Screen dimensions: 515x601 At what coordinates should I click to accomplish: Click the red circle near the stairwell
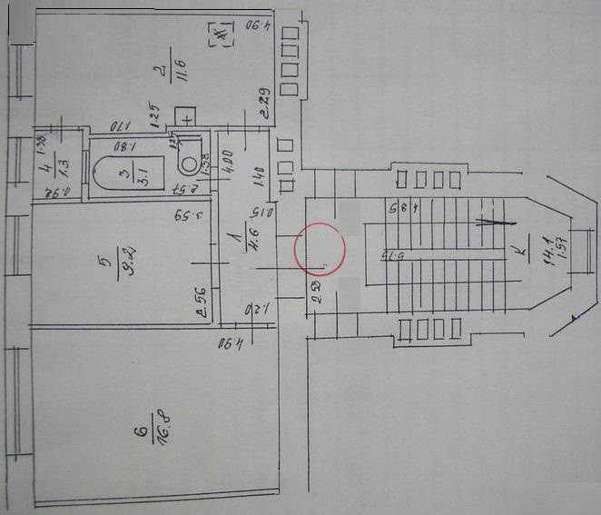point(320,248)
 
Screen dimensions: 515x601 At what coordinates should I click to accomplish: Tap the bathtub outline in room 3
point(128,171)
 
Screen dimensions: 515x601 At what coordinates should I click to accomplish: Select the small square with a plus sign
point(187,117)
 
